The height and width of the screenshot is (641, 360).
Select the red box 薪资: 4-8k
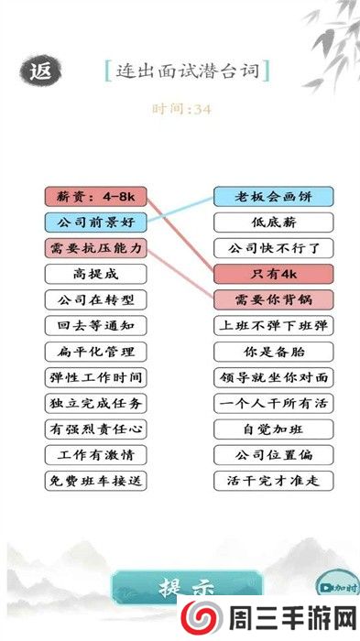tap(95, 196)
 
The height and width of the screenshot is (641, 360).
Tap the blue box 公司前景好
tap(95, 222)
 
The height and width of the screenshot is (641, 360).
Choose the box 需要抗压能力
tap(95, 248)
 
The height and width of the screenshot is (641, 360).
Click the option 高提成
tap(95, 274)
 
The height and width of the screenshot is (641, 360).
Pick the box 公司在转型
tap(95, 299)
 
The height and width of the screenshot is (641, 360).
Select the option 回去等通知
tap(95, 325)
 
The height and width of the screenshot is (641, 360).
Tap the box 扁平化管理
tap(95, 352)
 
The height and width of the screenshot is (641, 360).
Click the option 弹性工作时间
tap(95, 377)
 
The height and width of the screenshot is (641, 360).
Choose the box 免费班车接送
tap(95, 480)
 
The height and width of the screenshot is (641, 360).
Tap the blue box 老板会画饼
tap(273, 196)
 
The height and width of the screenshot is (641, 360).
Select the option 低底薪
tap(273, 222)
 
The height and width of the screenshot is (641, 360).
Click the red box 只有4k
tap(273, 274)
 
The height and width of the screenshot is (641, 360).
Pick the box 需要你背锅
tap(273, 299)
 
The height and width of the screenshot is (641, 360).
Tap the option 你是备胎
tap(273, 352)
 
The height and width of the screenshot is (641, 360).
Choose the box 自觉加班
tap(273, 429)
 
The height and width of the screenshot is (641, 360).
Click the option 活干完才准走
tap(273, 480)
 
